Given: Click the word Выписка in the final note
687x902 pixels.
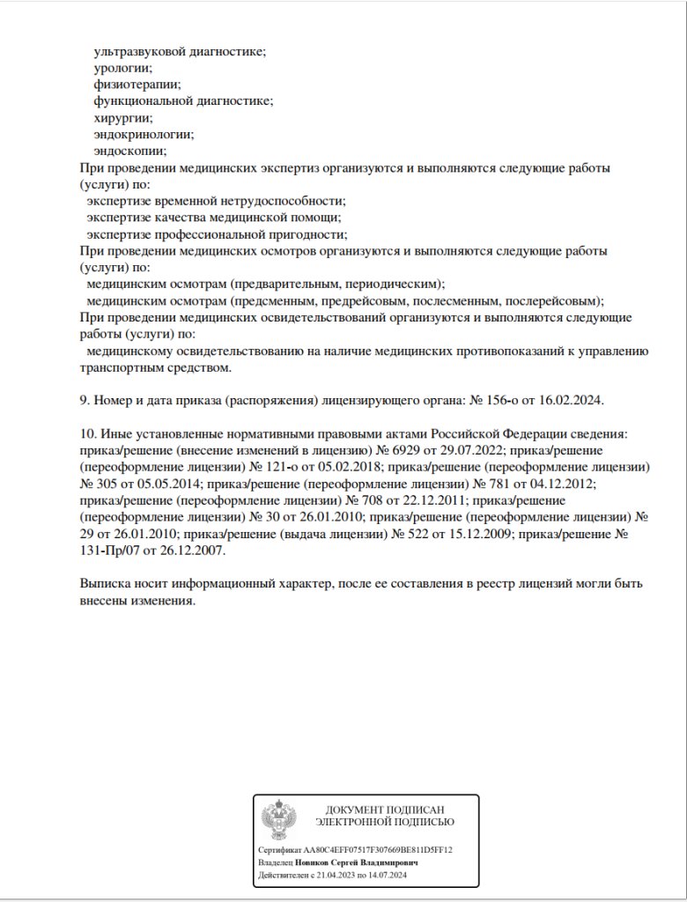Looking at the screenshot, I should tap(106, 584).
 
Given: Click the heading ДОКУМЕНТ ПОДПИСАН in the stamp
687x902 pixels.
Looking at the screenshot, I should tap(385, 810).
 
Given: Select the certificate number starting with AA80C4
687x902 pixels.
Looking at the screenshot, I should tap(383, 850).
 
